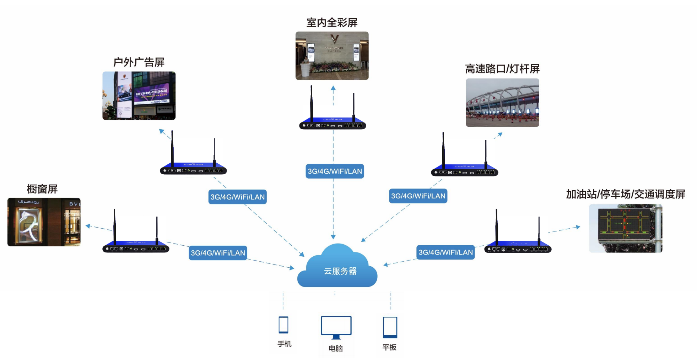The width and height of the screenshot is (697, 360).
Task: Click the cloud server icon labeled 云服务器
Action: (337, 268)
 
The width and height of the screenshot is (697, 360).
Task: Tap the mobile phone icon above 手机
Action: (283, 324)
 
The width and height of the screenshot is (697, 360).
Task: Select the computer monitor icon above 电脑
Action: (336, 327)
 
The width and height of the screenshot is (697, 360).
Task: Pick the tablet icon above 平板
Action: (390, 327)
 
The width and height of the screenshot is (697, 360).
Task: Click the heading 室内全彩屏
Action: (332, 23)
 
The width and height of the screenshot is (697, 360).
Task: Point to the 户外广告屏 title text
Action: (139, 62)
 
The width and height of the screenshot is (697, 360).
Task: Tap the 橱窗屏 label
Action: (42, 189)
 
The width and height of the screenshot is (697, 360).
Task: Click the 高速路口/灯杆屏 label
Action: (502, 69)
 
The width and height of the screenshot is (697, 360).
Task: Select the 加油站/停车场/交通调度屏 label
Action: (625, 194)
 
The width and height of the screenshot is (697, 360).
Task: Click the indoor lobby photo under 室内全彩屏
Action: (332, 56)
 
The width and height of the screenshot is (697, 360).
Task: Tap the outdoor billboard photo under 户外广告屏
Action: (139, 96)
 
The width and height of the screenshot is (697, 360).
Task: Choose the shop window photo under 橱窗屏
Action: (44, 222)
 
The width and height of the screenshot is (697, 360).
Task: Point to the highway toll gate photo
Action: (502, 103)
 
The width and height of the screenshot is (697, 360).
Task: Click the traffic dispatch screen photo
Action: (626, 228)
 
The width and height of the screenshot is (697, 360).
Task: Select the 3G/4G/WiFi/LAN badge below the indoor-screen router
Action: (335, 171)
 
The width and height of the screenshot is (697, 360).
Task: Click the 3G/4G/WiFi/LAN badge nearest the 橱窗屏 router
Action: (218, 253)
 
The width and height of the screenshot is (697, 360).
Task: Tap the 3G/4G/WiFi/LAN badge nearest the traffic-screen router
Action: (445, 252)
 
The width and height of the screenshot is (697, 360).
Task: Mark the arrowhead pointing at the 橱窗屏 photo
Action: (88, 226)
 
